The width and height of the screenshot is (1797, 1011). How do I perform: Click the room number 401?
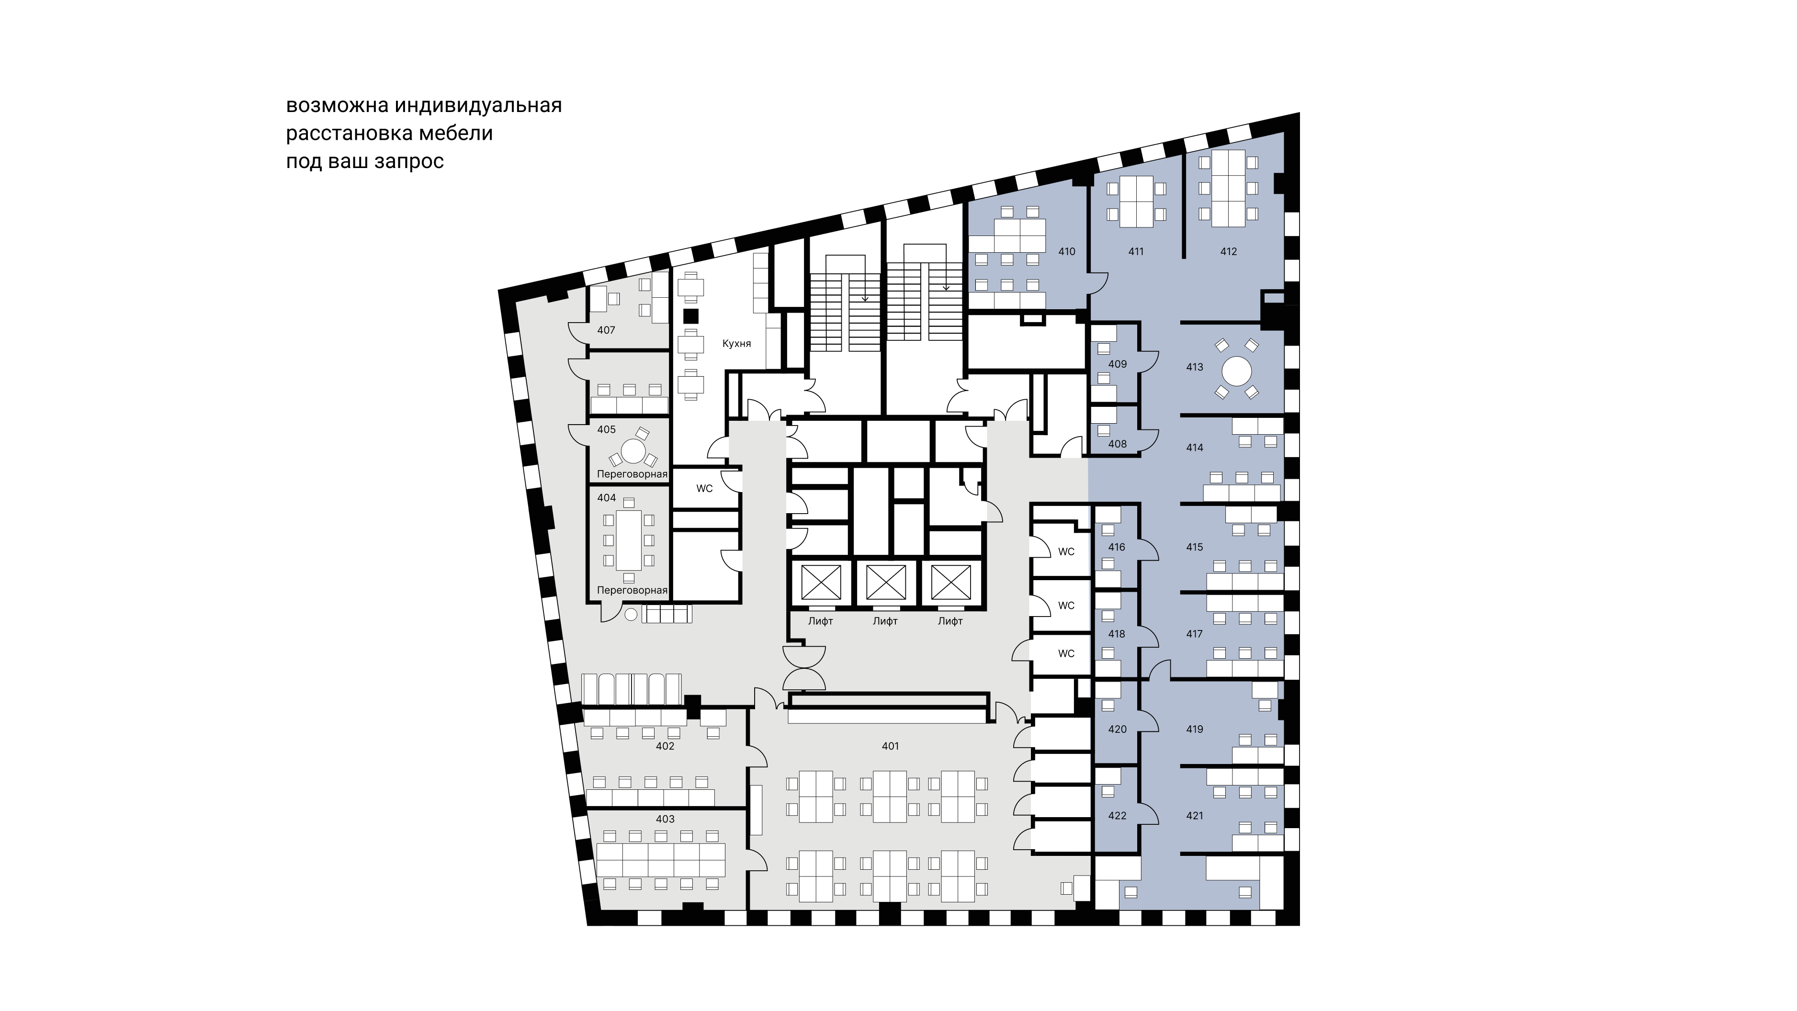pos(890,746)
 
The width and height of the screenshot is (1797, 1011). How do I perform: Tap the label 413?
pos(1194,367)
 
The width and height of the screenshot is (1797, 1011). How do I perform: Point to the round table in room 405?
pos(145,451)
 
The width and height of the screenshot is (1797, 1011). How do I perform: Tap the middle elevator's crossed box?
pos(886,582)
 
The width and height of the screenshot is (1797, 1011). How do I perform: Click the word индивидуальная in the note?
pos(478,105)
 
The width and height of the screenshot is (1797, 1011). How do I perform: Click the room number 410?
pos(1067,252)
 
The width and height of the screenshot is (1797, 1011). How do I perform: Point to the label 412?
pos(1229,252)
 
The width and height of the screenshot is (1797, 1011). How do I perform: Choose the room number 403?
pos(665,819)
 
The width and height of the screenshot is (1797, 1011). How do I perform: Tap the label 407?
pos(606,330)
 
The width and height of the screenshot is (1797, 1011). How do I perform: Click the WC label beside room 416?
pos(1066,551)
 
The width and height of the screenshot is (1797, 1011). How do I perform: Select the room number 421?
pos(1194,816)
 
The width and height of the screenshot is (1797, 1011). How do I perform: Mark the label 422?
pos(1117,816)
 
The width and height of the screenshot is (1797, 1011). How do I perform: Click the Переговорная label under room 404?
pos(632,591)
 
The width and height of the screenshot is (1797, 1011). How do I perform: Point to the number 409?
pos(1117,364)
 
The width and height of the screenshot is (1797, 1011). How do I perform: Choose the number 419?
pos(1194,730)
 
